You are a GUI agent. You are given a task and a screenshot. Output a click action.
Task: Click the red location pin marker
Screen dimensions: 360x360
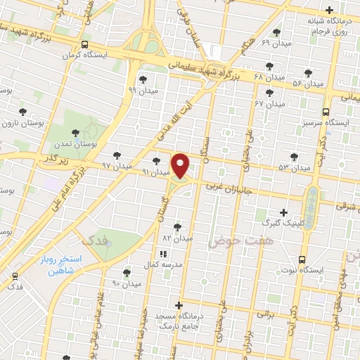pos(181,165)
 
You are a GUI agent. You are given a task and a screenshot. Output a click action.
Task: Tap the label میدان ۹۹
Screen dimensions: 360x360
pos(142,90)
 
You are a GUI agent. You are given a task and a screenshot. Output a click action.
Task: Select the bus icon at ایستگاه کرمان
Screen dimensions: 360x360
pos(85,44)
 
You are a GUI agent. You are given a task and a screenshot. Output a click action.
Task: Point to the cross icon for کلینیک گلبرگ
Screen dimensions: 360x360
pos(283,212)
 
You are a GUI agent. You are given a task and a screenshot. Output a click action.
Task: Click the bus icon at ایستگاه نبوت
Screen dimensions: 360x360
pos(302,259)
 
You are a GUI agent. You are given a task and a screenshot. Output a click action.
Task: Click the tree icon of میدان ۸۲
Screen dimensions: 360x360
pos(176,226)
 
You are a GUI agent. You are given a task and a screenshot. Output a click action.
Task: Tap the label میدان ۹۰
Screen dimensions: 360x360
pos(127,283)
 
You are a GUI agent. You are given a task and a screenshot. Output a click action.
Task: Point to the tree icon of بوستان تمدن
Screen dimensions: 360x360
pos(75,131)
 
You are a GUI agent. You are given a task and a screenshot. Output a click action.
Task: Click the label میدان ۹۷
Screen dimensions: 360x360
pos(116,166)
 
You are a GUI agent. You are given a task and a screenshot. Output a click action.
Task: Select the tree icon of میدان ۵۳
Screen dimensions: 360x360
pos(294,157)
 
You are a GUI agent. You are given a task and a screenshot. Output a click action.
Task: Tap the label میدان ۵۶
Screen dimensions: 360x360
pos(307,84)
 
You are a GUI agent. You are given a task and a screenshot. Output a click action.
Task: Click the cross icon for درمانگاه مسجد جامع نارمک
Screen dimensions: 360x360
pos(179,305)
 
